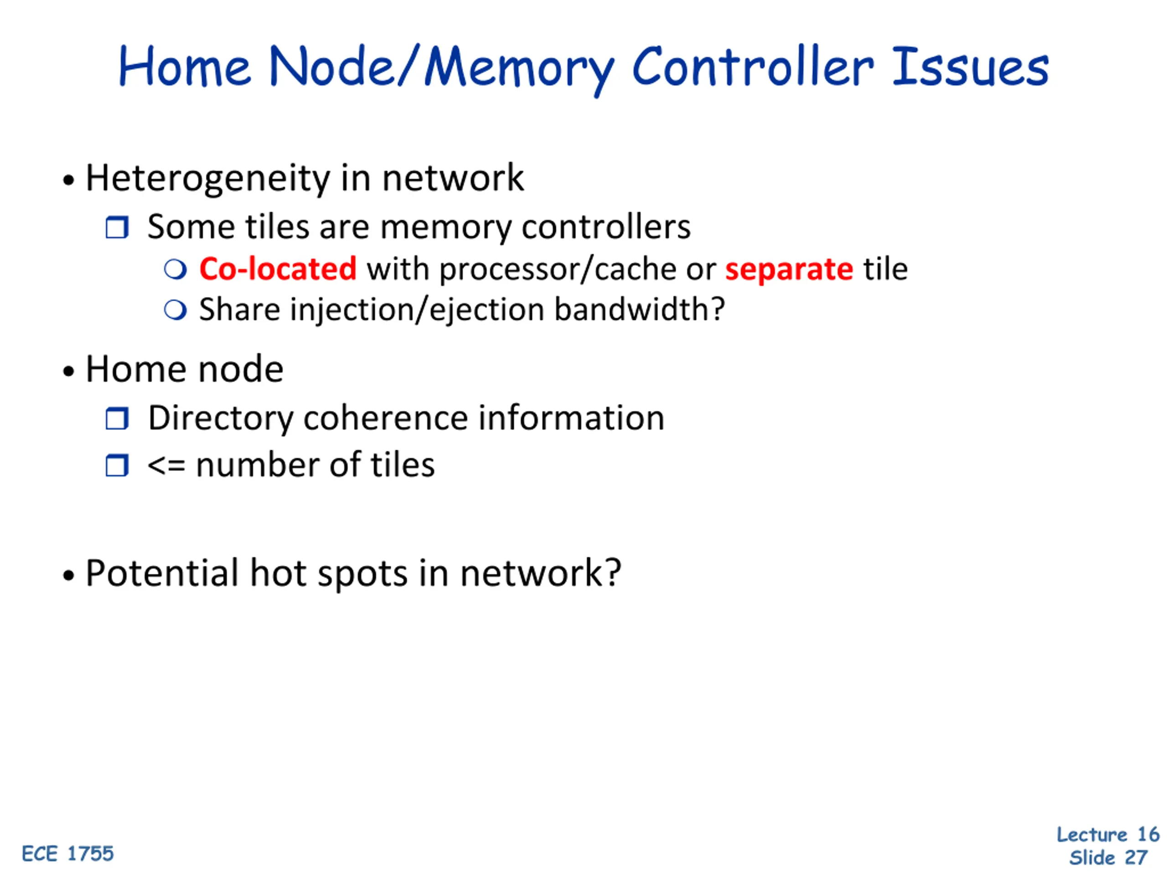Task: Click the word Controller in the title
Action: tap(752, 67)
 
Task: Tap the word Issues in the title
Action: tap(970, 67)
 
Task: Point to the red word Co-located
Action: tap(278, 269)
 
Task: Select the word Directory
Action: tap(221, 419)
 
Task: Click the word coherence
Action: tap(386, 418)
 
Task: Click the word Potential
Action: tap(162, 573)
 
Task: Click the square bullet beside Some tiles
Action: tap(117, 228)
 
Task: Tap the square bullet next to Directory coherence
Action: tap(117, 419)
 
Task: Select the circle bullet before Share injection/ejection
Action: tap(175, 310)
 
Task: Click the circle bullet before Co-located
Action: tap(175, 269)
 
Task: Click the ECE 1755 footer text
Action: tap(67, 854)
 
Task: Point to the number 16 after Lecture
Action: tap(1148, 834)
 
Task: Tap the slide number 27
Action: tap(1136, 858)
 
